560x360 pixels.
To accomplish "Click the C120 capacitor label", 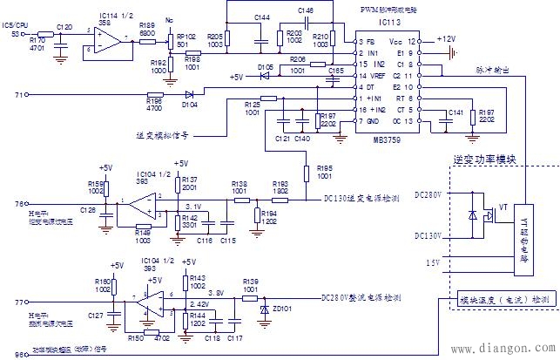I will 64,27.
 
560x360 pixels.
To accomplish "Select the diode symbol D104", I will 189,93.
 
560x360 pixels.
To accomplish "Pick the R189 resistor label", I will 146,26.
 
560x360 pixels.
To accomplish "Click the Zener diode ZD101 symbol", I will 264,308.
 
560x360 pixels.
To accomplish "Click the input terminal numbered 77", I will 20,302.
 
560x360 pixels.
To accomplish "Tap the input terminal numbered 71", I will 20,93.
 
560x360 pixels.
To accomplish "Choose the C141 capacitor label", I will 455,112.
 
